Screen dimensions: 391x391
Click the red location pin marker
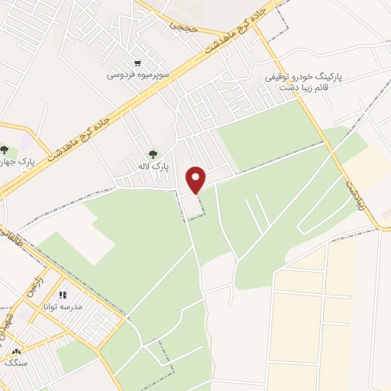tap(196, 179)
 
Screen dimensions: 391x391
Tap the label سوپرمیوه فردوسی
tap(137, 76)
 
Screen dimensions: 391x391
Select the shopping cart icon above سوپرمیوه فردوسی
tap(137, 63)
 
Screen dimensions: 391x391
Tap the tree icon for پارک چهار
tap(5, 150)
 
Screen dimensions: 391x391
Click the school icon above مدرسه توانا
tap(63, 295)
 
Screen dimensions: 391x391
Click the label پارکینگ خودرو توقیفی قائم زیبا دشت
tap(305, 82)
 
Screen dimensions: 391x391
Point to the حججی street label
tap(183, 26)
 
